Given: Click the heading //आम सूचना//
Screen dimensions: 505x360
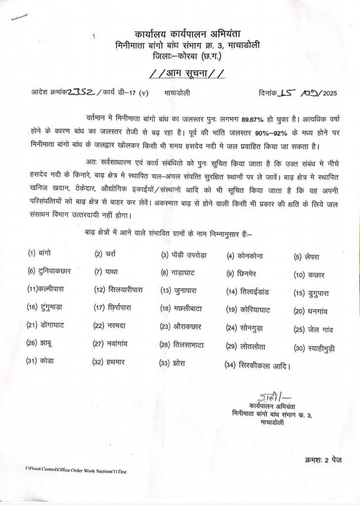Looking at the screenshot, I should (187, 74).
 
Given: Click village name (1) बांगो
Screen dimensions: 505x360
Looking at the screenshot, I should (39, 253).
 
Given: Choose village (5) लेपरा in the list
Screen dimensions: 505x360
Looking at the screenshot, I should (306, 256).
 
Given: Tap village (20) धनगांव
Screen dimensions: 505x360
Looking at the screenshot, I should (311, 311).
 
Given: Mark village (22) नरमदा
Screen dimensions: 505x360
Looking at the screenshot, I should (111, 326).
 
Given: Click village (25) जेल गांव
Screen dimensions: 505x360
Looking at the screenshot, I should (313, 329).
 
